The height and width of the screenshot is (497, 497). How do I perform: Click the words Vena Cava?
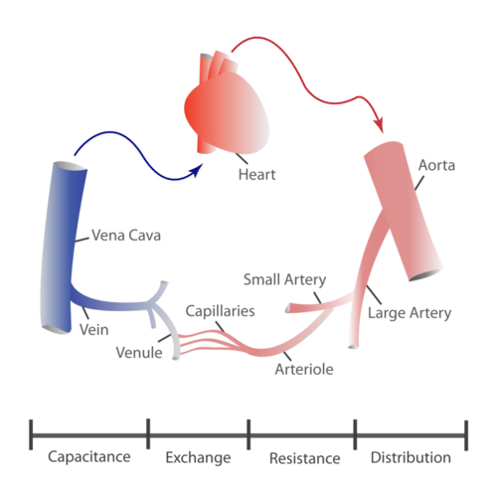tap(125, 237)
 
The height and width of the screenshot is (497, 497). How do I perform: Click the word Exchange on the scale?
tap(199, 458)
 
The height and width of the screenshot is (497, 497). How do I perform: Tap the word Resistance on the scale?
tap(305, 458)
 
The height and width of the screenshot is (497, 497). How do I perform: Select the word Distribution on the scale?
tap(410, 458)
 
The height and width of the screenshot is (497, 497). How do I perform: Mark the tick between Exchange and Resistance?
tap(248, 433)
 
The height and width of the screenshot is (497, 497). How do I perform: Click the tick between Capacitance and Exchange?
tap(148, 433)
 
